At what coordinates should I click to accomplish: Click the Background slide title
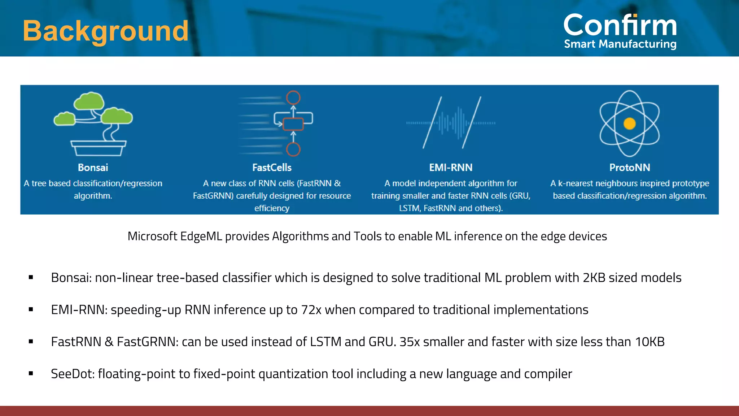coord(105,31)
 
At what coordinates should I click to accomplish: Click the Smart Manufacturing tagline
coord(620,44)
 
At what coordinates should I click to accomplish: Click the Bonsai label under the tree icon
coord(93,168)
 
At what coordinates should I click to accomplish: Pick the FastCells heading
coord(272,168)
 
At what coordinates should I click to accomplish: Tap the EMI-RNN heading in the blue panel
coord(451,168)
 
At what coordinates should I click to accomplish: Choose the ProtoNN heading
coord(630,168)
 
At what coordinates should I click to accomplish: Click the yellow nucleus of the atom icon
coord(630,123)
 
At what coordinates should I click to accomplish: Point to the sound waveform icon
coord(451,123)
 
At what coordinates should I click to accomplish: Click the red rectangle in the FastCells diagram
coord(293,124)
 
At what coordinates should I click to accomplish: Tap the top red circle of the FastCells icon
coord(293,97)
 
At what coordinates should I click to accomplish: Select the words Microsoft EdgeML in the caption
coord(175,236)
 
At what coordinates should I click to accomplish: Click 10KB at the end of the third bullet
coord(650,342)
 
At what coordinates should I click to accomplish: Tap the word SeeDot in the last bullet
coord(72,374)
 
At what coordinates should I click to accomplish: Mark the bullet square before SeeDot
coord(31,374)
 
